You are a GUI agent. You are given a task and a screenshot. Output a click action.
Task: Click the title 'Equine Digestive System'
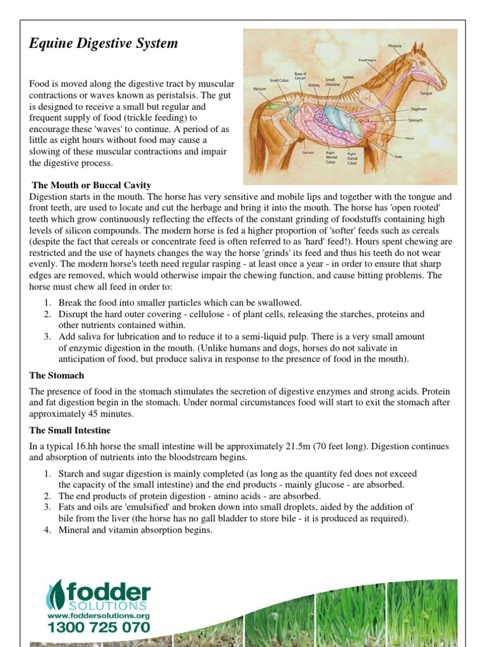pyautogui.click(x=104, y=44)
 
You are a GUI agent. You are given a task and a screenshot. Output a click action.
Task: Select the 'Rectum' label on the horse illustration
pyautogui.click(x=259, y=89)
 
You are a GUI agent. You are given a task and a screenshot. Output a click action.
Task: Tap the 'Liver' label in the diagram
pyautogui.click(x=398, y=155)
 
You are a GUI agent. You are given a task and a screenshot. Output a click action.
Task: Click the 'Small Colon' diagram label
pyautogui.click(x=278, y=80)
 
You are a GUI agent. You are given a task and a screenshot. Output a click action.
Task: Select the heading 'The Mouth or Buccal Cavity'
pyautogui.click(x=92, y=185)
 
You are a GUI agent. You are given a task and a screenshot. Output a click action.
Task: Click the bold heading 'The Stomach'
pyautogui.click(x=57, y=375)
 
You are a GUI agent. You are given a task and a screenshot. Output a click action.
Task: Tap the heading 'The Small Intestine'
pyautogui.click(x=70, y=430)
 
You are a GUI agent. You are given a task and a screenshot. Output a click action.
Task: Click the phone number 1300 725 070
pyautogui.click(x=99, y=627)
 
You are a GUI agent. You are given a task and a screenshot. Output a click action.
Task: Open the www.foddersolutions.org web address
pyautogui.click(x=99, y=615)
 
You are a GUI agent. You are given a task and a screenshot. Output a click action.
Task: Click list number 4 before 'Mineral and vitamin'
pyautogui.click(x=47, y=530)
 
